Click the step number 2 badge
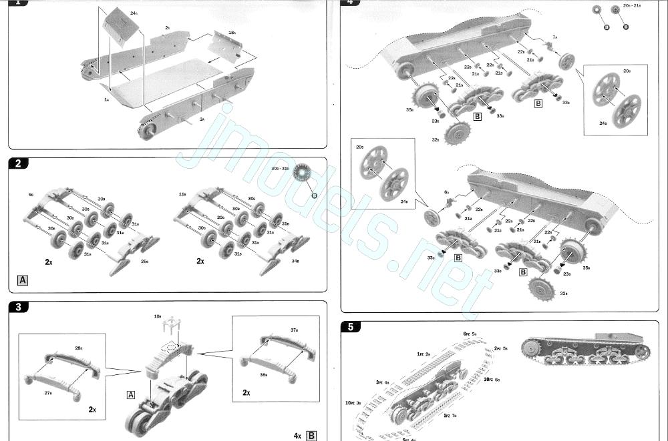tap(19, 163)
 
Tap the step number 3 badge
tap(19, 306)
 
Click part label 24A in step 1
tap(134, 13)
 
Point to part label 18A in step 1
tap(232, 32)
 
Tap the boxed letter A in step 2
tap(23, 280)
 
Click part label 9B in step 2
tap(31, 194)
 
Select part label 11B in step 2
tap(182, 194)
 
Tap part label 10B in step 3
tap(158, 315)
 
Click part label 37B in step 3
tap(294, 330)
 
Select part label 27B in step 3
tap(48, 393)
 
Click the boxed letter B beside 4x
tap(311, 436)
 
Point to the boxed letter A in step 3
tap(132, 394)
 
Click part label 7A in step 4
tap(554, 37)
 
